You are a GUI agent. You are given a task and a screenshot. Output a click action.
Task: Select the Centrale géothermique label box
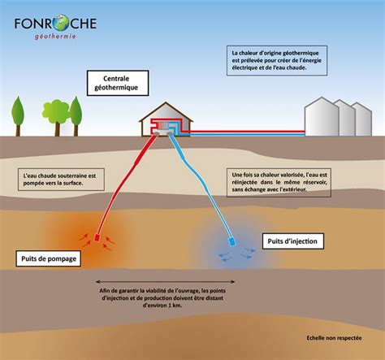[x=111, y=81]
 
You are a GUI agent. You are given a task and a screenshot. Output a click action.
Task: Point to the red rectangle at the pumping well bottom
[x=97, y=239]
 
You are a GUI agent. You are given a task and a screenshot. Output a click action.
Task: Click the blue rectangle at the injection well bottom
[x=233, y=241]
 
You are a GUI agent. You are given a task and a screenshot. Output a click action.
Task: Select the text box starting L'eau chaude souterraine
[x=57, y=179]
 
